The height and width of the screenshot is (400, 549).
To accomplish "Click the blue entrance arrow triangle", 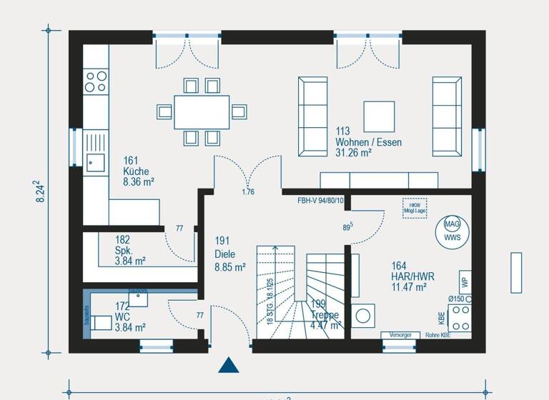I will click(x=228, y=365).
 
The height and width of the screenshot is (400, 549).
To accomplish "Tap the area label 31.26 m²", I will click(x=354, y=153).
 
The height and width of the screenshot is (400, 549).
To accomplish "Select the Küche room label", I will click(x=136, y=171).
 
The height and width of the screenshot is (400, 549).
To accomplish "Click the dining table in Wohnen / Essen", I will click(x=202, y=111).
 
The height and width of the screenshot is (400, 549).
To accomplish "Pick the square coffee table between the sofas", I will click(x=379, y=116).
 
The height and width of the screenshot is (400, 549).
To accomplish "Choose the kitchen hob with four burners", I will click(x=95, y=81).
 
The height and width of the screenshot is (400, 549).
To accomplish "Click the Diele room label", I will click(x=224, y=254).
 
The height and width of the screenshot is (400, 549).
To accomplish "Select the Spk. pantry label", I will click(x=123, y=251).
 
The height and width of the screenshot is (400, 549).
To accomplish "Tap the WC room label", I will click(x=124, y=317).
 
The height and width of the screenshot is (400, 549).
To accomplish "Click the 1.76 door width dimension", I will click(x=248, y=191).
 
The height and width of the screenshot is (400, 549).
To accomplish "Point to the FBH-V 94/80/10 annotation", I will click(x=320, y=201).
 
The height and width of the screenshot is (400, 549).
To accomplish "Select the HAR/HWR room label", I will click(x=413, y=276).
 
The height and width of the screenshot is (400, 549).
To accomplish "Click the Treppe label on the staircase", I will click(x=325, y=315).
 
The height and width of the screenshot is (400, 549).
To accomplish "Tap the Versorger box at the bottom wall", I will click(x=400, y=335).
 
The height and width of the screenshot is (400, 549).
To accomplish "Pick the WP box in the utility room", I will click(x=464, y=281).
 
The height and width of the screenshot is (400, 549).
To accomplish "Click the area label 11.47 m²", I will click(x=409, y=287).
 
